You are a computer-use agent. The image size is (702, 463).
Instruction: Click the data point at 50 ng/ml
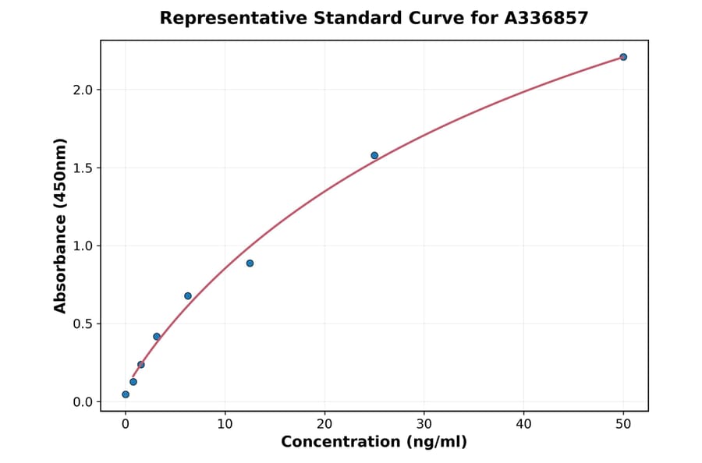[x=623, y=57]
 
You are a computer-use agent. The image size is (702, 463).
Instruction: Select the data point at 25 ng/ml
[x=374, y=155]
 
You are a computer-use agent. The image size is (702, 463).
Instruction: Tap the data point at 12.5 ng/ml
[x=250, y=263]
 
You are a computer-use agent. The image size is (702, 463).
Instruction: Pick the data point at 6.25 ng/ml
[x=188, y=295]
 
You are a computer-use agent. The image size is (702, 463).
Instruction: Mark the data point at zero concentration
[x=126, y=394]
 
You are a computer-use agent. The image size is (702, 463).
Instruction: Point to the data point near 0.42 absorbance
[x=157, y=337]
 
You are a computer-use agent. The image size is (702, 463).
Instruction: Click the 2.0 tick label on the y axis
[x=83, y=90]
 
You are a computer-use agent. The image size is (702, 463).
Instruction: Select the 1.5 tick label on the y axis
[x=83, y=168]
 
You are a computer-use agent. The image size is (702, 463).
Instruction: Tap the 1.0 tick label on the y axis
[x=83, y=246]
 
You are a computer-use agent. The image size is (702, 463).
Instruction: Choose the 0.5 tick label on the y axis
[x=83, y=323]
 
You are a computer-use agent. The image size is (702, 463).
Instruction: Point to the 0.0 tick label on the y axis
[x=83, y=402]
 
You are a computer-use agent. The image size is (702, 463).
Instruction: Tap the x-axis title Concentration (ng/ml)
[x=374, y=442]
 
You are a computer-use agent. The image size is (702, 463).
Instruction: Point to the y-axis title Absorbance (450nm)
[x=61, y=225]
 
